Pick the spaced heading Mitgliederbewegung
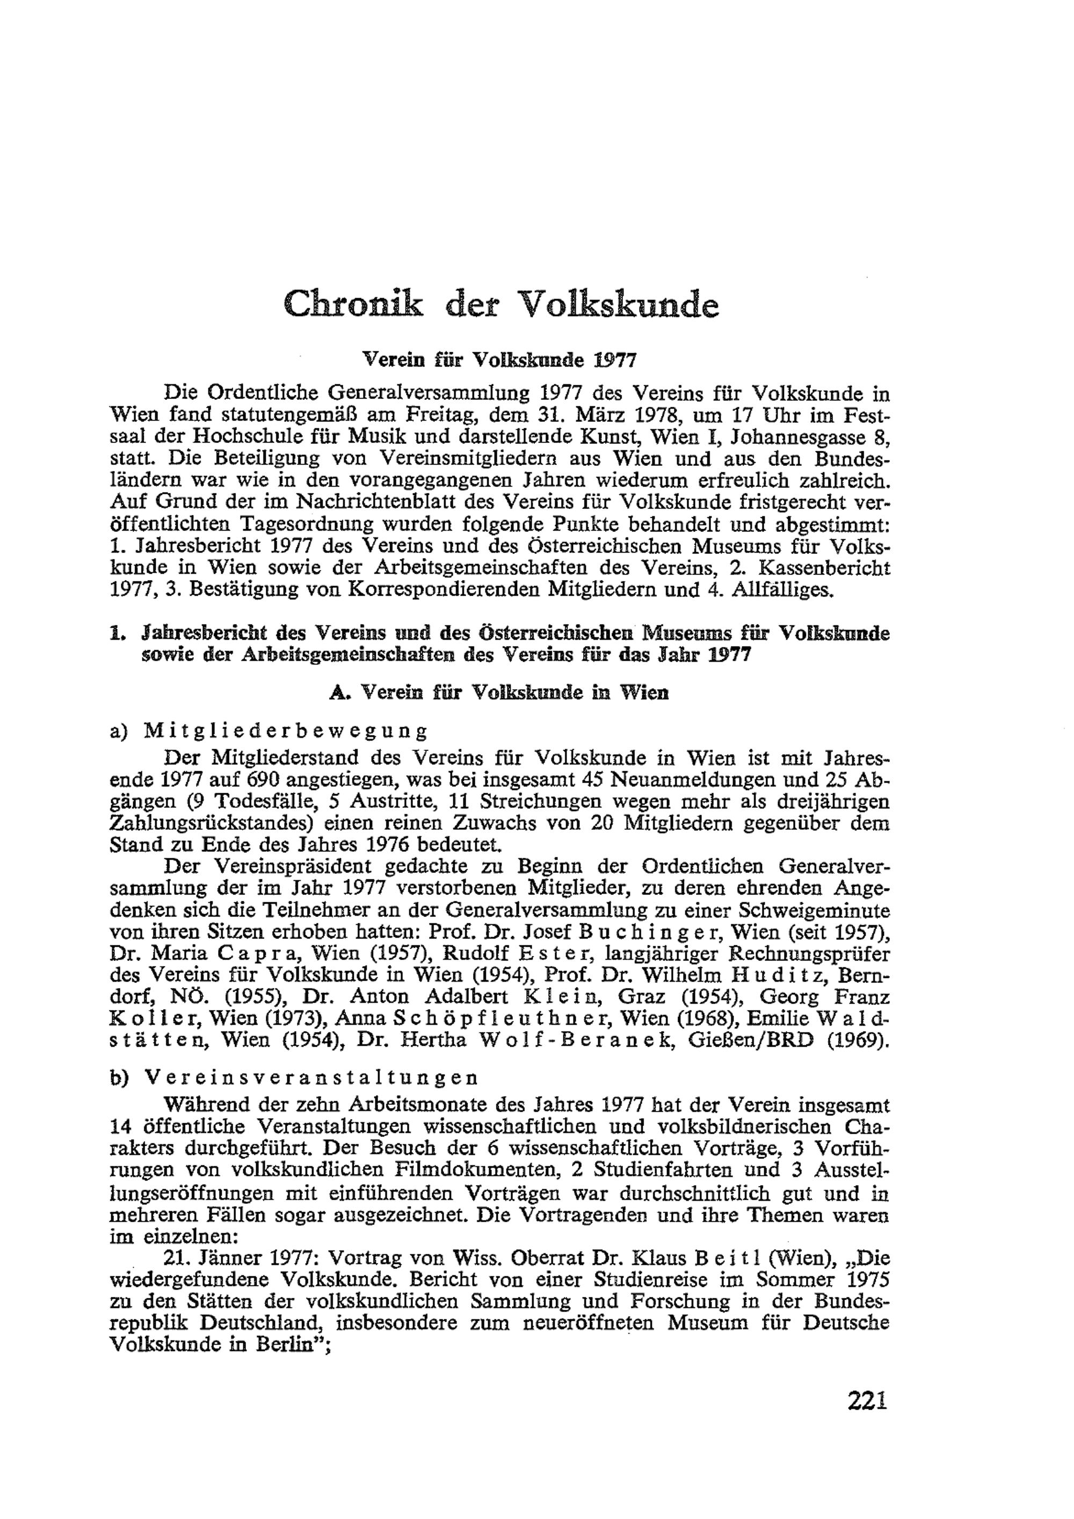click(285, 732)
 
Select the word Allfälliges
click(781, 590)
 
